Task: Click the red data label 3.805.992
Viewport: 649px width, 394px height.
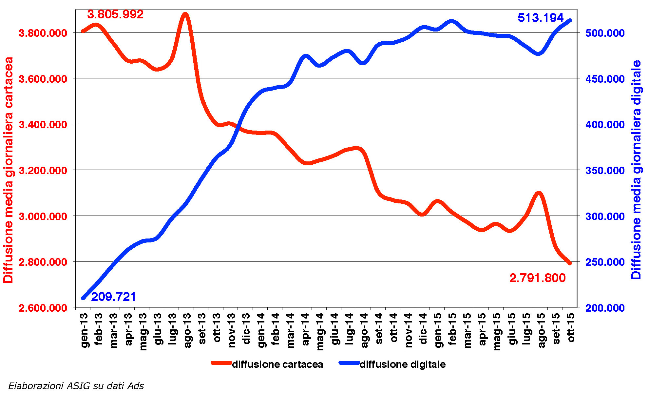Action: tap(115, 14)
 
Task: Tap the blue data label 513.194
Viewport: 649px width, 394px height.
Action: tap(541, 18)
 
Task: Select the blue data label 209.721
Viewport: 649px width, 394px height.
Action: tap(113, 297)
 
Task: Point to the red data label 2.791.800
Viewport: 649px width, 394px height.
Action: tap(537, 278)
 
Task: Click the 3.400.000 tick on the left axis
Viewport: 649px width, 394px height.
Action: tap(43, 125)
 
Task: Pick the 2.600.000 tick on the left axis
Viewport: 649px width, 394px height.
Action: tap(43, 308)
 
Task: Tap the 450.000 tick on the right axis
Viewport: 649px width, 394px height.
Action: tap(605, 79)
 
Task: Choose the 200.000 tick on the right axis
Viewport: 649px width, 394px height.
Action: tap(605, 308)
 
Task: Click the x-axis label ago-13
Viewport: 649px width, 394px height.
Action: tap(187, 330)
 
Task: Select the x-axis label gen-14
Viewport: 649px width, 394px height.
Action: tap(261, 330)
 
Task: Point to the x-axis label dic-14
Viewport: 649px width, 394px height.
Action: tap(423, 328)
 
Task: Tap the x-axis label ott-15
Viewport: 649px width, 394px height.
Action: tap(571, 327)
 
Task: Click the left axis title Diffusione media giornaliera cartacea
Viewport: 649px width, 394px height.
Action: tap(8, 170)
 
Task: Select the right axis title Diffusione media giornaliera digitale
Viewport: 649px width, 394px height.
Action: tap(636, 170)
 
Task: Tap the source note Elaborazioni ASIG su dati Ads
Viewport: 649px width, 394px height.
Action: tap(76, 386)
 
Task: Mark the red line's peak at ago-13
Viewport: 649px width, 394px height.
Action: tap(185, 15)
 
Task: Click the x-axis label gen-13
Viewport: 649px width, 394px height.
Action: tap(84, 330)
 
